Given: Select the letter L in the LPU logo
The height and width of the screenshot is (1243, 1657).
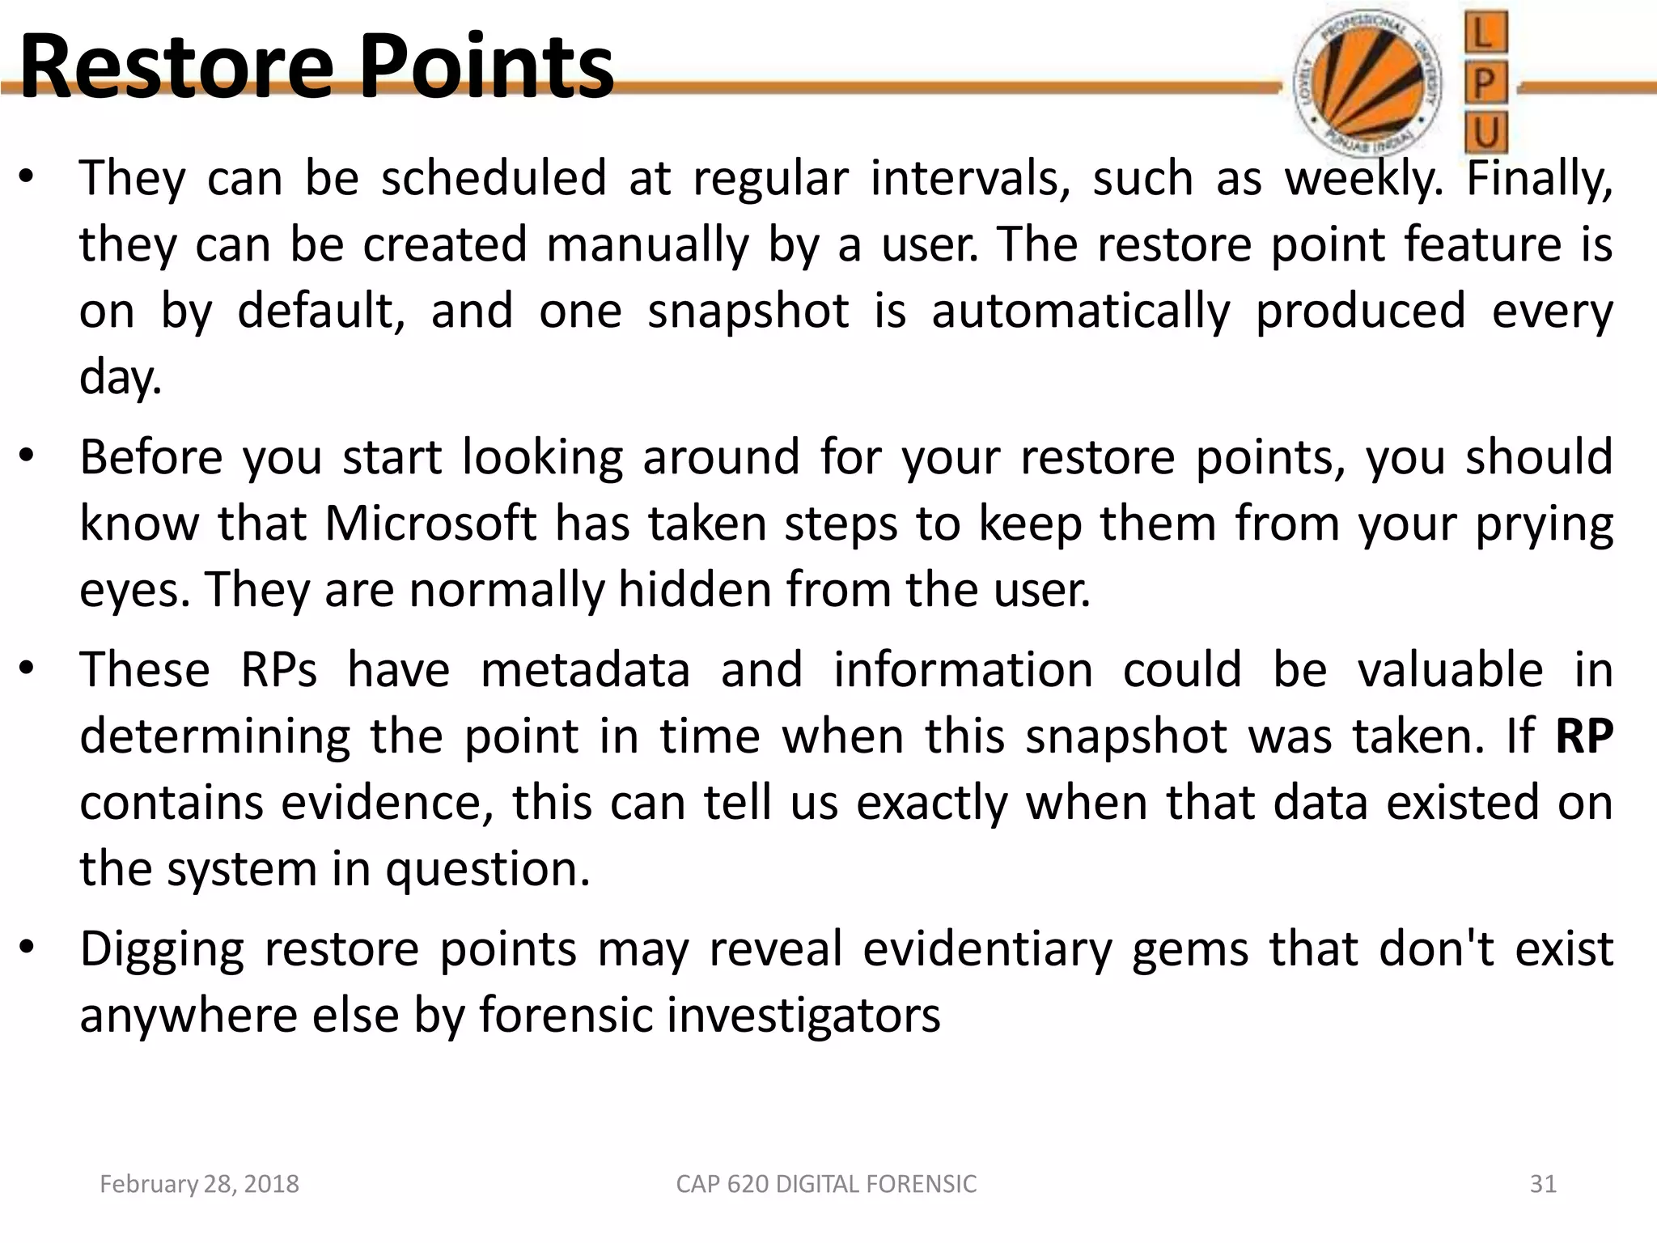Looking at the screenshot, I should (x=1486, y=33).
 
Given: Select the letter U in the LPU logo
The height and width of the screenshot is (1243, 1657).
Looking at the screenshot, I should (x=1486, y=134).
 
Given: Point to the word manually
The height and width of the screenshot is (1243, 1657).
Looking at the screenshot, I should (x=647, y=245).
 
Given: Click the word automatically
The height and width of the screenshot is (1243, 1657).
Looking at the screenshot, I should (x=1081, y=312).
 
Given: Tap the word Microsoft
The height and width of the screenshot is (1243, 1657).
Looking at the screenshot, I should (x=430, y=524).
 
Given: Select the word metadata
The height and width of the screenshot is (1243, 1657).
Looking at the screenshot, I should (x=585, y=671).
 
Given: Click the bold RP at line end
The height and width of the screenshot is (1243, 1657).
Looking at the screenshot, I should (x=1583, y=736).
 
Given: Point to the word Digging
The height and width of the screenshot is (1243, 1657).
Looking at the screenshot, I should (x=162, y=950).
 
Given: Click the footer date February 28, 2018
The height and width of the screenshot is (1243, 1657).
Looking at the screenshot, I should (x=199, y=1184).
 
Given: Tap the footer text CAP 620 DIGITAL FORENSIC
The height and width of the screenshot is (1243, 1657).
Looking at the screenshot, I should (x=826, y=1184).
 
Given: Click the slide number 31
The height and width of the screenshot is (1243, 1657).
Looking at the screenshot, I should (x=1543, y=1184).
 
